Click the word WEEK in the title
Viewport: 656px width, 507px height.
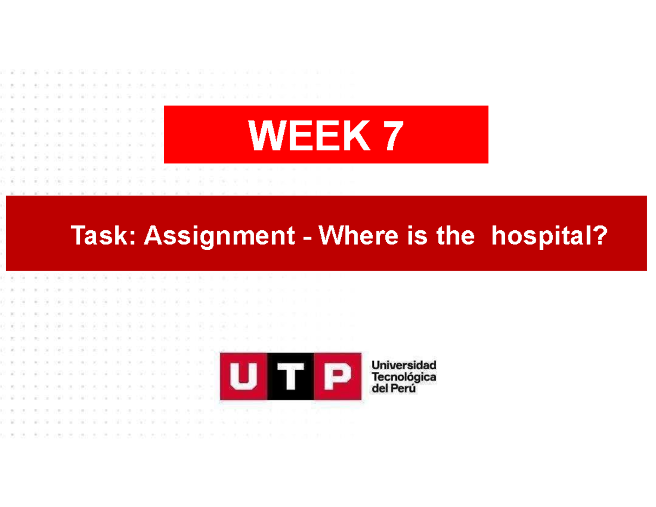(309, 136)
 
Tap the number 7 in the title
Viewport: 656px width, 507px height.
(393, 136)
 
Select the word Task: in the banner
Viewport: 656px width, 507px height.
(104, 237)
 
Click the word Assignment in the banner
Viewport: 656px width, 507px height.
(221, 237)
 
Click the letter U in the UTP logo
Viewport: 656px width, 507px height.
(244, 377)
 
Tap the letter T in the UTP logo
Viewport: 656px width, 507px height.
(290, 377)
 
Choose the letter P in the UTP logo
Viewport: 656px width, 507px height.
(337, 377)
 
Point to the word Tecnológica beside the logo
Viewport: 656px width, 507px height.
(403, 377)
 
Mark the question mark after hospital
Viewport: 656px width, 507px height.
(600, 237)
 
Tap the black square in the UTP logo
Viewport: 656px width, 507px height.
(290, 377)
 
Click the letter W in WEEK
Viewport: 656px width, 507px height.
(263, 136)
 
